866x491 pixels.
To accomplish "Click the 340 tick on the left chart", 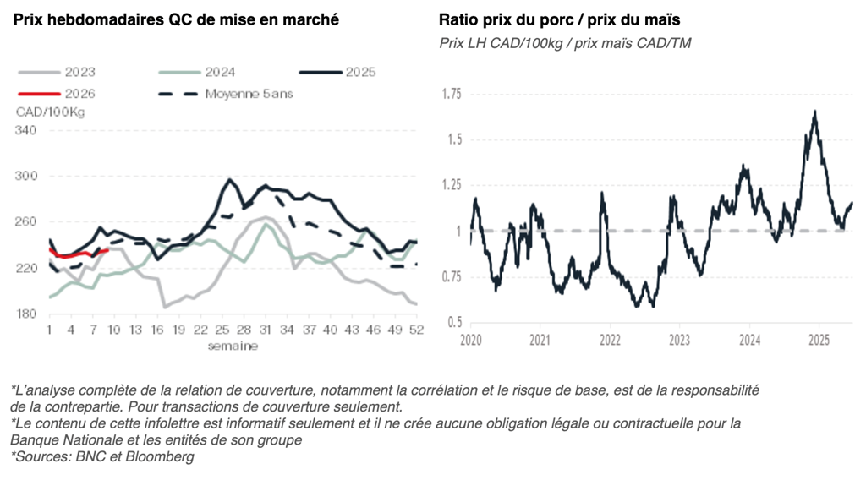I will [x=26, y=130].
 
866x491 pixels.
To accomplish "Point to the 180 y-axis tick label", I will [x=26, y=314].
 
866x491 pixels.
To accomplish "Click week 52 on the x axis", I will [x=415, y=330].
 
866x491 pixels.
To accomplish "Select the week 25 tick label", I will [x=222, y=330].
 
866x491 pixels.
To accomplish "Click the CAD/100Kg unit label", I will [x=50, y=112].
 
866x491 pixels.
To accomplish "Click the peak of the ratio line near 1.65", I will [x=814, y=112].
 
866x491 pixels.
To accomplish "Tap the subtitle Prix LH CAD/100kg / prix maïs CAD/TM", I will [x=565, y=43].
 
